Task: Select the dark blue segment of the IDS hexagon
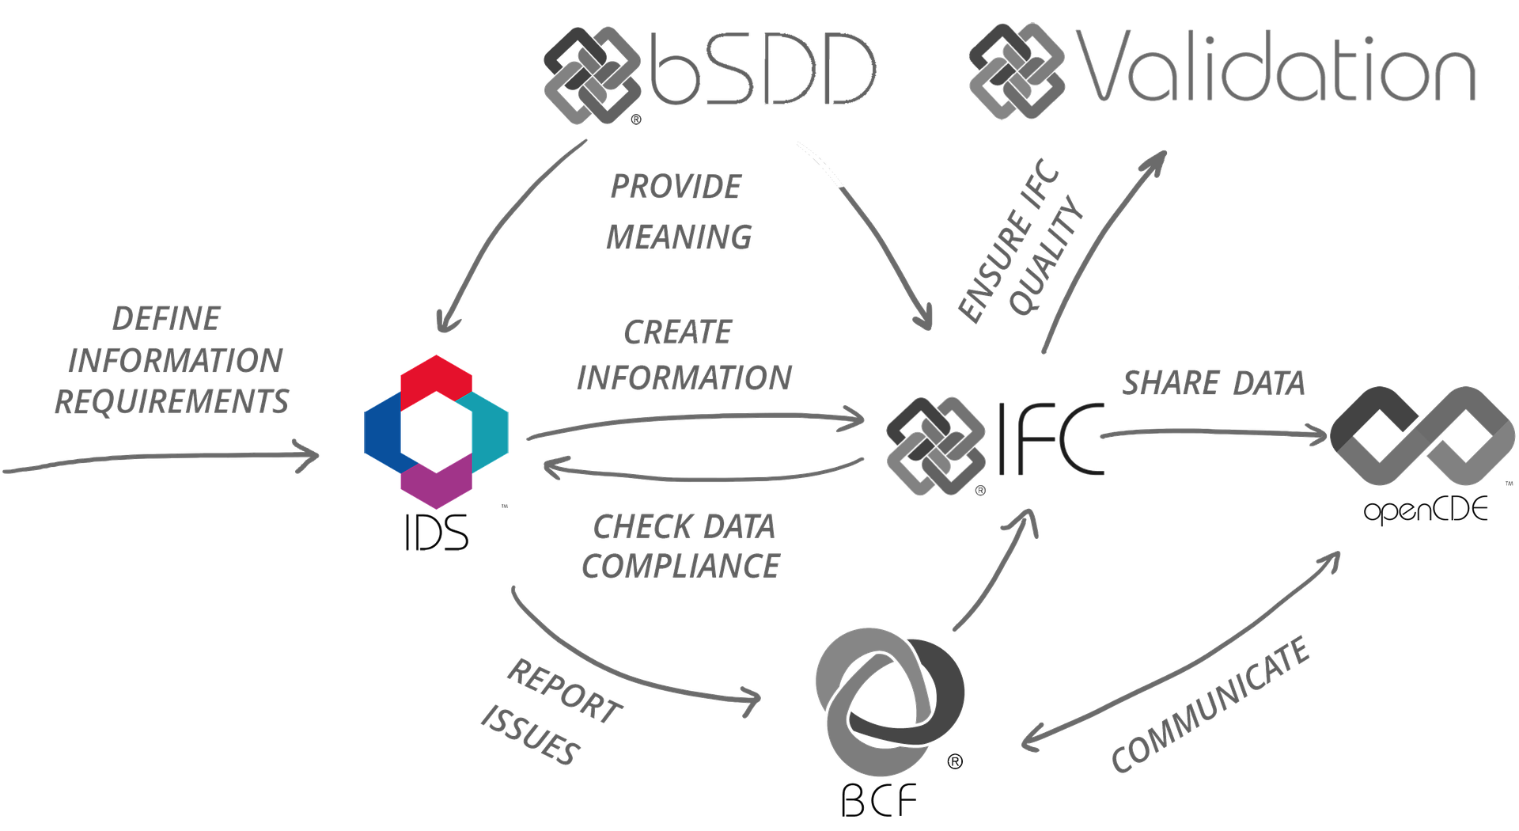point(381,431)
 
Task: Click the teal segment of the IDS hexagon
point(491,431)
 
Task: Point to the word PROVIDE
point(676,188)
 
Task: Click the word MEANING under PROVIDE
point(679,237)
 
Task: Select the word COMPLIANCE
point(682,565)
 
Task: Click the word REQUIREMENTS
point(172,402)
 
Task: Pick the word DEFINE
point(166,319)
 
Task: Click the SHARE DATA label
point(1213,384)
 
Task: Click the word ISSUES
point(528,736)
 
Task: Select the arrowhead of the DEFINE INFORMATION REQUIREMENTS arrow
point(310,457)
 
